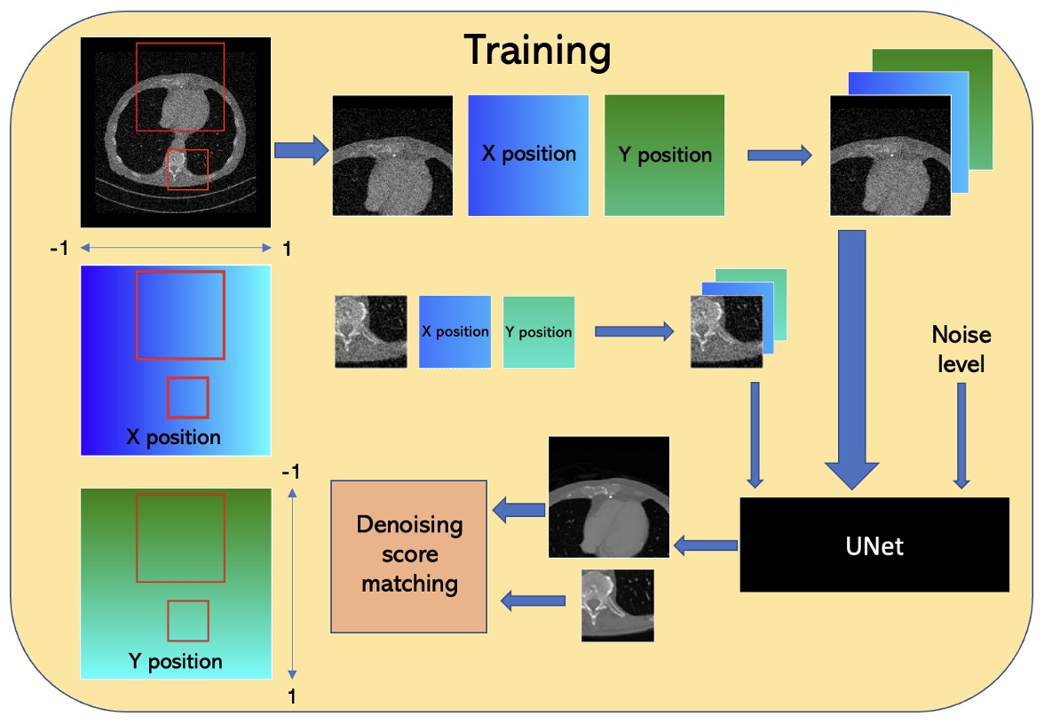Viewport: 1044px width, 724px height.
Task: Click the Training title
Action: [538, 51]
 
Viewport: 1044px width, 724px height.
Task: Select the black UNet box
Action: [874, 545]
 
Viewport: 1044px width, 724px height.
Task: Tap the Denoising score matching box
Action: [409, 555]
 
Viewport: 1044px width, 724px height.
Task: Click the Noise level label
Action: [961, 348]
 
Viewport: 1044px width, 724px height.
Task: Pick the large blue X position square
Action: [528, 155]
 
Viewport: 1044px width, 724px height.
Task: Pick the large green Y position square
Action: [664, 155]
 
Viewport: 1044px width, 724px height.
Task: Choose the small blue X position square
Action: [455, 331]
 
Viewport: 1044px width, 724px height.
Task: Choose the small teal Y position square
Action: [538, 331]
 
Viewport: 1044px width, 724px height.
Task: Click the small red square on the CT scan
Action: [187, 170]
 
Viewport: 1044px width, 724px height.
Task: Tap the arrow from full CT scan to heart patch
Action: [301, 153]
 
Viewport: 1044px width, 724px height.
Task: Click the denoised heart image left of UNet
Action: [608, 497]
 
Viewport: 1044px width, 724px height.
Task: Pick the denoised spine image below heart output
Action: [617, 605]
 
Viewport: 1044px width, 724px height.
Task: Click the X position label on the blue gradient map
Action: [174, 437]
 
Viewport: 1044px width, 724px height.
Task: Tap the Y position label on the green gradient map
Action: [175, 661]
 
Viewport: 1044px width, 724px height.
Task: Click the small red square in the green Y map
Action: [187, 621]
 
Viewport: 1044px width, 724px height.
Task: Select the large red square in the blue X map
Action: [180, 315]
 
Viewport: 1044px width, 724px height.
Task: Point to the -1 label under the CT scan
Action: [59, 250]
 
